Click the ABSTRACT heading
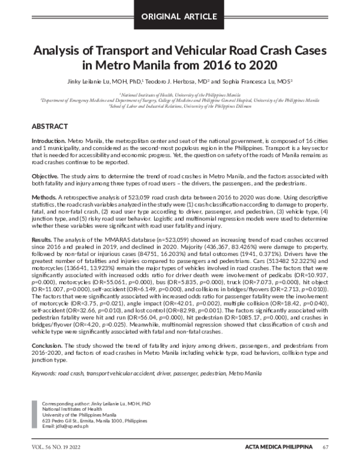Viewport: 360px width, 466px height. point(51,127)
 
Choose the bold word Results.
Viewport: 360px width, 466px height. point(43,239)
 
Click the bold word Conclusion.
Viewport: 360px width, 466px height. point(47,345)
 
